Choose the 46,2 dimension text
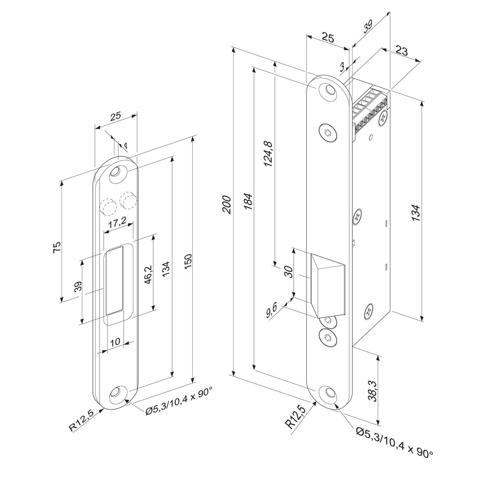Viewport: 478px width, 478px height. pyautogui.click(x=148, y=274)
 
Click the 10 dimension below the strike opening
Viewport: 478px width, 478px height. pyautogui.click(x=115, y=341)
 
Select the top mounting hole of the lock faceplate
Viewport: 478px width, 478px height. pyautogui.click(x=329, y=91)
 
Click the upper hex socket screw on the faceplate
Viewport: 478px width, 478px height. pyautogui.click(x=328, y=133)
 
